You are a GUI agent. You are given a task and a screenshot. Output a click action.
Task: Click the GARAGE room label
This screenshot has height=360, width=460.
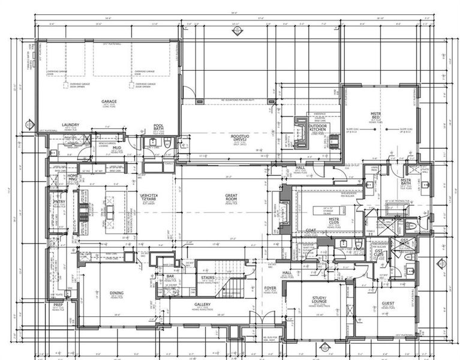click(109, 102)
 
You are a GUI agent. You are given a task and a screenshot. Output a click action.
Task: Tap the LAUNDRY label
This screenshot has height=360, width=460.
click(71, 125)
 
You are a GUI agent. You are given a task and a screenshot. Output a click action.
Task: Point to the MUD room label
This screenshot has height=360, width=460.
click(118, 148)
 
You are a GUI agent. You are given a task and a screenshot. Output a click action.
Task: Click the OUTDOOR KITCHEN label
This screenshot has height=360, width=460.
click(317, 127)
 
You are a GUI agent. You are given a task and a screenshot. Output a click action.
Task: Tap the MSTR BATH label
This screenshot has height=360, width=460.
click(405, 182)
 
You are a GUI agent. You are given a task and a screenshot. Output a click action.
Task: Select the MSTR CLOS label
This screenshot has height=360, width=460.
click(334, 222)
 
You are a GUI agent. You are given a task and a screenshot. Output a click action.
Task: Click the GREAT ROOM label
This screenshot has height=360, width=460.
click(231, 197)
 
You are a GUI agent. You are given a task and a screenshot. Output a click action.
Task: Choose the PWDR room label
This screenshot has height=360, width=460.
click(359, 249)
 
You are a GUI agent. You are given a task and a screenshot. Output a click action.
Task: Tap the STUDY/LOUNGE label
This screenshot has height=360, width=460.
click(319, 300)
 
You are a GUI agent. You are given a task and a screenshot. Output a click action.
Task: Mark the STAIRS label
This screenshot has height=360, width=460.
click(208, 278)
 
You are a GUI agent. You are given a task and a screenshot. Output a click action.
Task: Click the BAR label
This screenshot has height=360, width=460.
click(170, 277)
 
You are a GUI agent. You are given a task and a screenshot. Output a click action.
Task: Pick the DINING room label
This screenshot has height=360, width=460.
click(116, 293)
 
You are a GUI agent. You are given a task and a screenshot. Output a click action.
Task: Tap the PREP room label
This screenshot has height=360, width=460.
click(59, 305)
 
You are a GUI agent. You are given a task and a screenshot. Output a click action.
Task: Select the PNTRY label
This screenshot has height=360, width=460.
click(59, 202)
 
